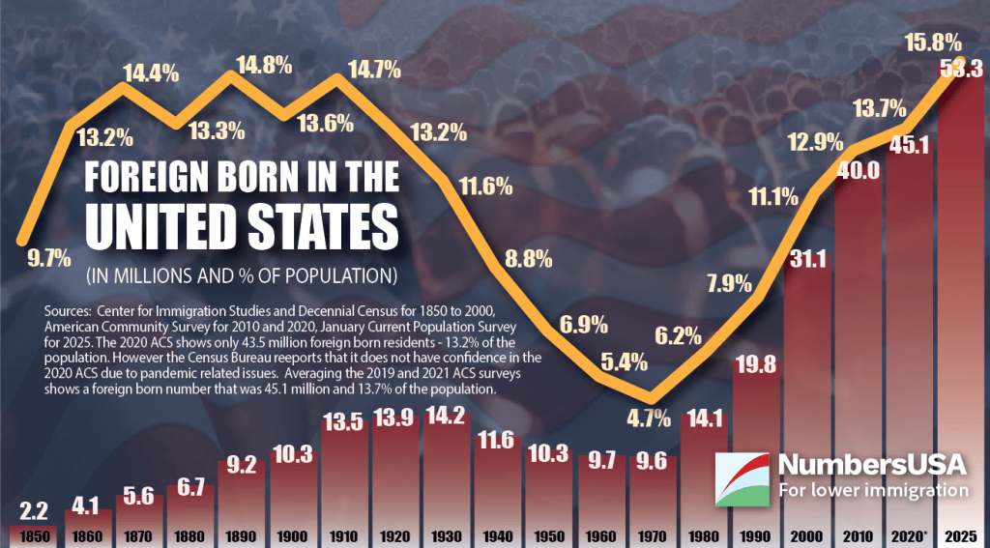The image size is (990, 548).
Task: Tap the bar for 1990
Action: coord(753,435)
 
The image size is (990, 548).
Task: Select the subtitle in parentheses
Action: coord(242,274)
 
